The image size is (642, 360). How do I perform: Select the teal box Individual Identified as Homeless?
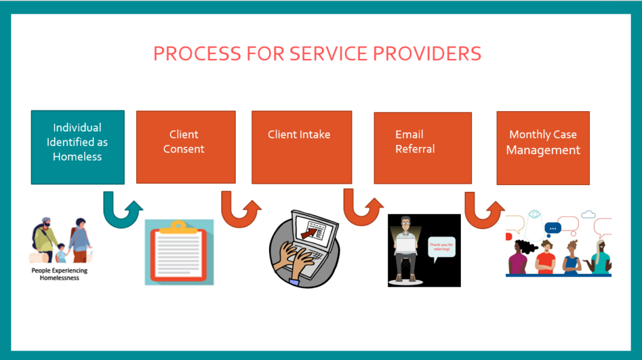click(77, 147)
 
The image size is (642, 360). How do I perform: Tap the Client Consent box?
click(186, 147)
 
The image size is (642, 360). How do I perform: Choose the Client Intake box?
click(302, 147)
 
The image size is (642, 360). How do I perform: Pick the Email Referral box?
click(423, 147)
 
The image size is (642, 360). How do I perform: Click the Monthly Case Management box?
click(543, 147)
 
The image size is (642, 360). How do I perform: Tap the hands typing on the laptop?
click(298, 258)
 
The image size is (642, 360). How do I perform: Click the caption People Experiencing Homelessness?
click(60, 273)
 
